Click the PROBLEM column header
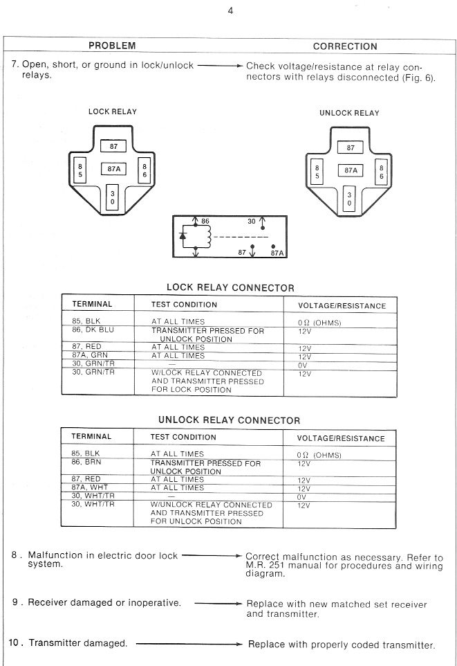point(112,46)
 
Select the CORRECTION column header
point(345,46)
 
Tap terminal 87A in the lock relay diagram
point(113,168)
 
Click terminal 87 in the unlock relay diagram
point(351,147)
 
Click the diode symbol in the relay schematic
point(183,236)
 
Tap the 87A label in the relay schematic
point(277,253)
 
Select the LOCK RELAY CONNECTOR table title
point(230,288)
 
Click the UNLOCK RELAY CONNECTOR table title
point(229,420)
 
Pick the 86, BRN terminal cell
point(87,462)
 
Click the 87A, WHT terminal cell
point(91,487)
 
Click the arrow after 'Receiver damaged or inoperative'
point(218,603)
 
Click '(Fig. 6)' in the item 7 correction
point(419,78)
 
